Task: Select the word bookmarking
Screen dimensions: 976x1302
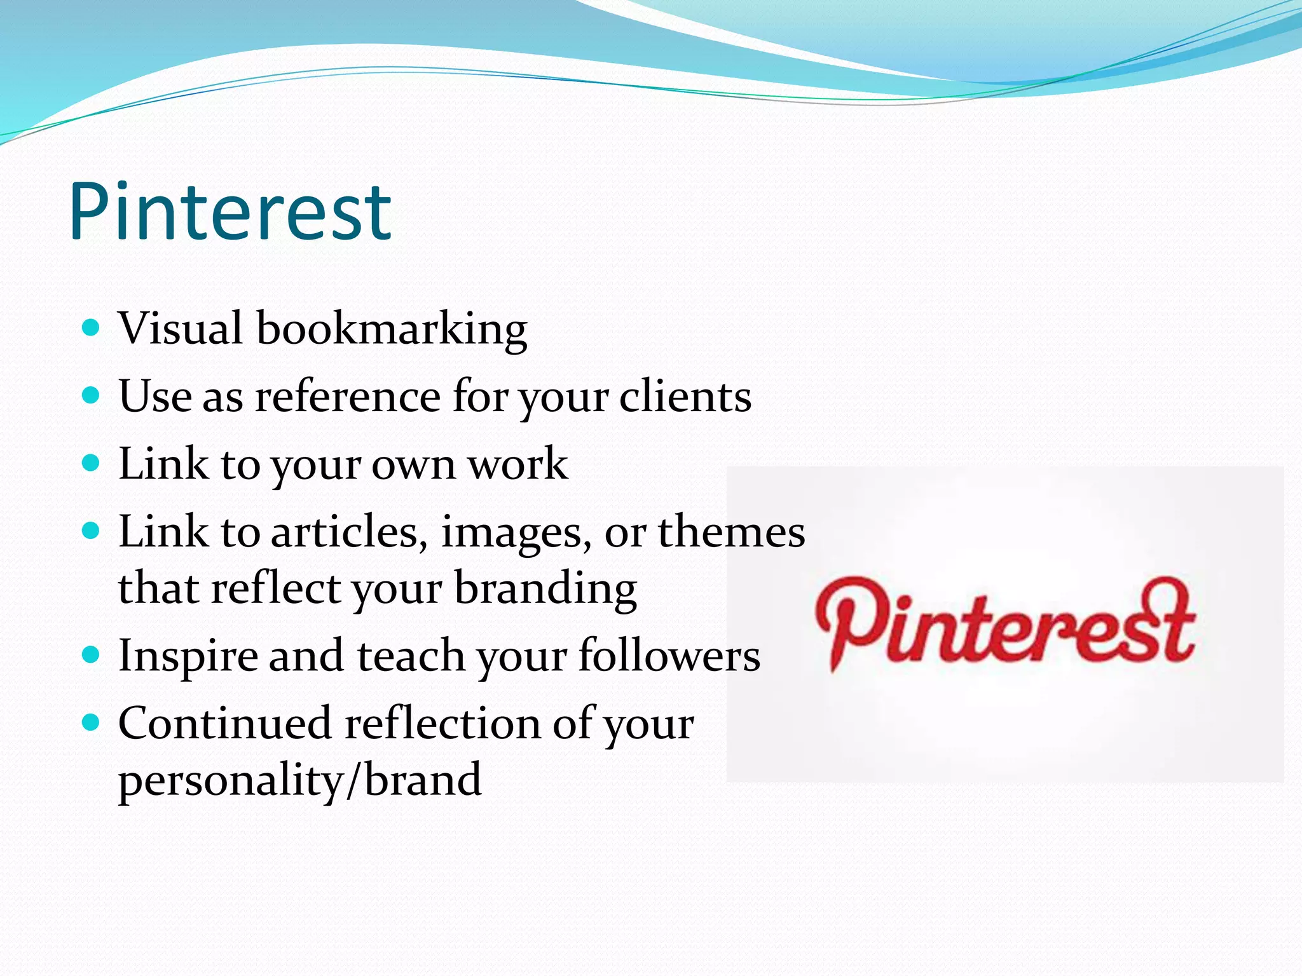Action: [x=392, y=330]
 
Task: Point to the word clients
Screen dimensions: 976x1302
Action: [x=685, y=396]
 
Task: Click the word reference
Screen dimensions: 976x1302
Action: [x=348, y=396]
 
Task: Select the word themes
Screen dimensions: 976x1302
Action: [x=731, y=532]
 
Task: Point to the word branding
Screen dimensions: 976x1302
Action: [x=545, y=589]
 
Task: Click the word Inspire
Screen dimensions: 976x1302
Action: [x=188, y=657]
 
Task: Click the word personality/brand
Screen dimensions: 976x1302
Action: [x=300, y=781]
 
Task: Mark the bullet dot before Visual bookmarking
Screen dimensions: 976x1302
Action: [x=92, y=328]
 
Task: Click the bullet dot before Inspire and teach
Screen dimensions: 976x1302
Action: [x=92, y=654]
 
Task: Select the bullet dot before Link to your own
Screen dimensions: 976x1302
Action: [x=92, y=463]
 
